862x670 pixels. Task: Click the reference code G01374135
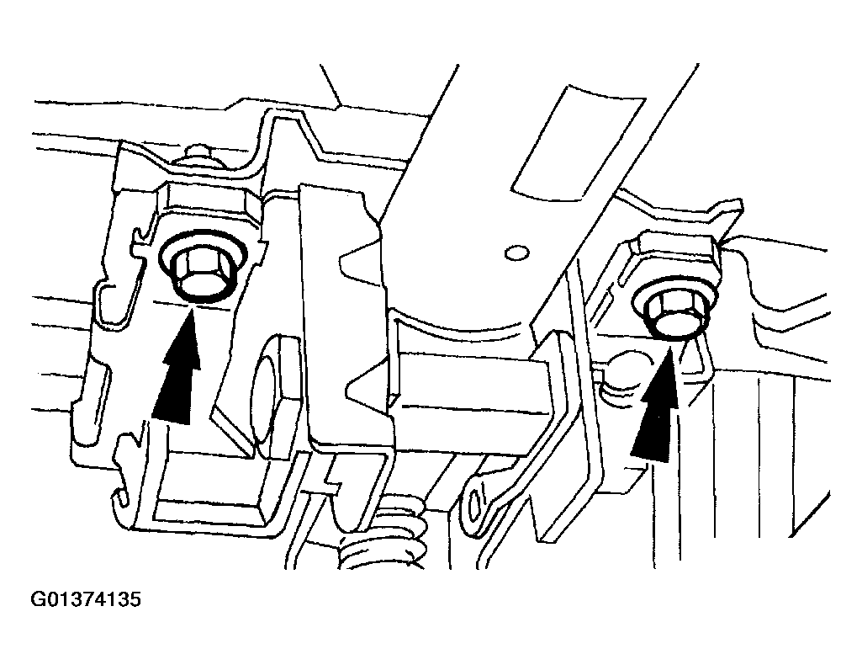coord(87,599)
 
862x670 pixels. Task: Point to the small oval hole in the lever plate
coord(516,253)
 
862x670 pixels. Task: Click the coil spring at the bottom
coord(385,542)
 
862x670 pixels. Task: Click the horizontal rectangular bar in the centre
coord(473,406)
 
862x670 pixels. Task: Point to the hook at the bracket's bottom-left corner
coord(122,495)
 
